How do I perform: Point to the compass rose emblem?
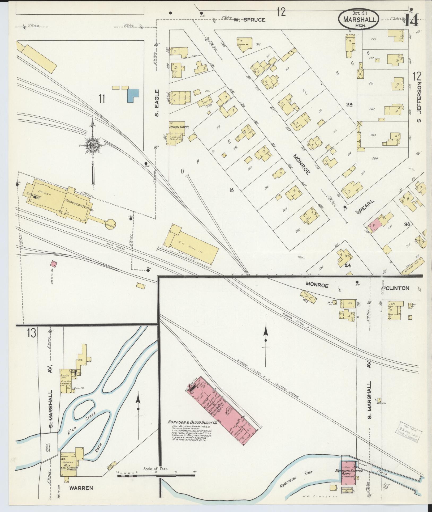93,146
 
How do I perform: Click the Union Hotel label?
179,127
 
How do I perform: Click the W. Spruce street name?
249,20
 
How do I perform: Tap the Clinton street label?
397,288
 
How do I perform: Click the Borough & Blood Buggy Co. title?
192,422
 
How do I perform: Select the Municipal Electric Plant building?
348,473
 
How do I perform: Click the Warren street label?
81,488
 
